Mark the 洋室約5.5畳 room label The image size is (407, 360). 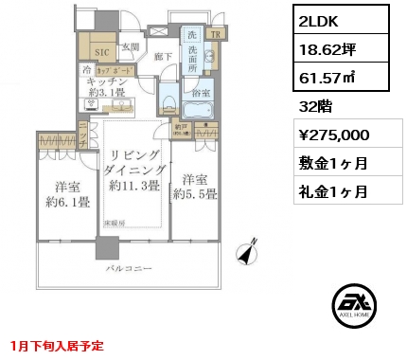[x=195, y=186]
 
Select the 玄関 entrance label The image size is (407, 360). [x=131, y=46]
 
